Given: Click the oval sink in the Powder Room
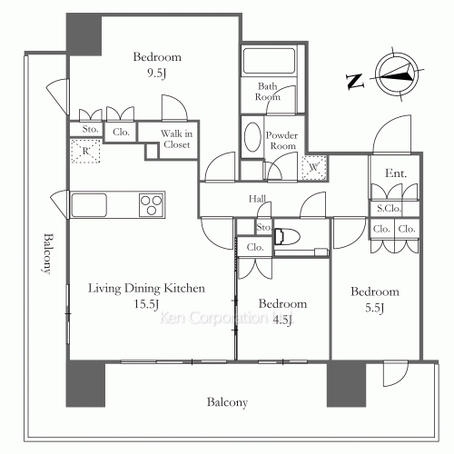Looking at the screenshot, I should tap(252, 136).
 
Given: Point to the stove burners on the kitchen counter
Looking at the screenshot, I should tap(151, 204).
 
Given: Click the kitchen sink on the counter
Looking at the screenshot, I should tap(91, 203).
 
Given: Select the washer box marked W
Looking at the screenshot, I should tap(312, 166).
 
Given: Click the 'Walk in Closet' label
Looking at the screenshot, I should tap(176, 139).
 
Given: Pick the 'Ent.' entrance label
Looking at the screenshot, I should tap(395, 173).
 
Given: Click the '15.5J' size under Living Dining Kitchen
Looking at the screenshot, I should tap(147, 304).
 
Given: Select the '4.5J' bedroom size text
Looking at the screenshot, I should tap(282, 319).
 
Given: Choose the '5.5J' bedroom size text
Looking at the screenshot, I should tap(375, 308).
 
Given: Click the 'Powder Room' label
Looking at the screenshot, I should tap(281, 141).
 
